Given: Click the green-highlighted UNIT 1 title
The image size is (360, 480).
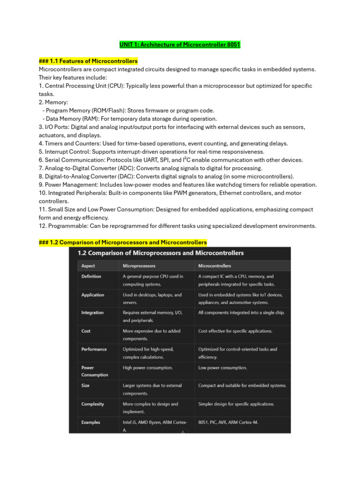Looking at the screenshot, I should [180, 45].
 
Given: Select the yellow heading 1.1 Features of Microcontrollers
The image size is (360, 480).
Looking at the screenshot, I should [88, 61].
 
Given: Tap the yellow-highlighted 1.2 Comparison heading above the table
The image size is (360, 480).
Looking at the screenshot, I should [122, 242].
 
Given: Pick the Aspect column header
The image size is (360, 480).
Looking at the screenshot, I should [88, 266].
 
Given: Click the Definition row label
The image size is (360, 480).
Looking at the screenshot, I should [91, 277].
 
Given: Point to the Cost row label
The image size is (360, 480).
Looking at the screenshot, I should [86, 331].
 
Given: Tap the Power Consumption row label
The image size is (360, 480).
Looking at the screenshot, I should [94, 371].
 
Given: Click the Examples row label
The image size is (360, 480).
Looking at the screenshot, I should [90, 422].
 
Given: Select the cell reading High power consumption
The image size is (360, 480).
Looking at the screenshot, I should [148, 368].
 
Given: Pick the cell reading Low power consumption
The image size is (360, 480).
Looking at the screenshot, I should [222, 368].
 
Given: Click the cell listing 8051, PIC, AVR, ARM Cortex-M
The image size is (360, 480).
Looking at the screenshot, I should [228, 422].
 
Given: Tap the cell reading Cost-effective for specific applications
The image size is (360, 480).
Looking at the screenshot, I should [235, 331].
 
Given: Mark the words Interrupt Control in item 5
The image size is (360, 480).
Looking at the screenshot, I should [67, 152].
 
